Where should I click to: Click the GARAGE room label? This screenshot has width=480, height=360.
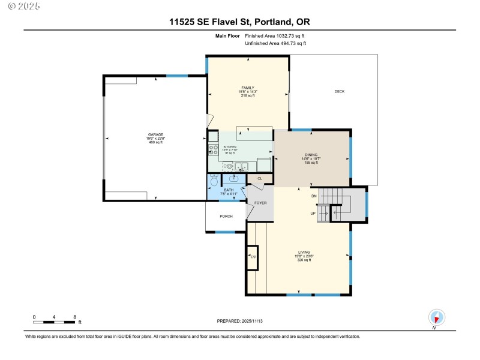tap(156, 134)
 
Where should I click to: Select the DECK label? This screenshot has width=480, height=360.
tap(340, 91)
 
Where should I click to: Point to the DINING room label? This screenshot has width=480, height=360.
tap(311, 155)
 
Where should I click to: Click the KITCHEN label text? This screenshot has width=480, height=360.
tap(230, 146)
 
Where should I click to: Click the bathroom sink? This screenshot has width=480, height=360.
tap(233, 178)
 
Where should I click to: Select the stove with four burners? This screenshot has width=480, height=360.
tap(212, 148)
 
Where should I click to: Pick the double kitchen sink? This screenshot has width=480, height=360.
tap(242, 166)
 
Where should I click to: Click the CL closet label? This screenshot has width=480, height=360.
tap(260, 178)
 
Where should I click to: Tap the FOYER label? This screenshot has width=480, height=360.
tap(260, 203)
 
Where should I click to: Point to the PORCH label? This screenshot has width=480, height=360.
tap(226, 216)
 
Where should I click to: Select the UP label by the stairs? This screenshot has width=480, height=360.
tap(313, 213)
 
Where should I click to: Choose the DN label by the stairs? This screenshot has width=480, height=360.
tap(313, 196)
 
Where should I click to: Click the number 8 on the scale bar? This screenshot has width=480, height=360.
tap(74, 316)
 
